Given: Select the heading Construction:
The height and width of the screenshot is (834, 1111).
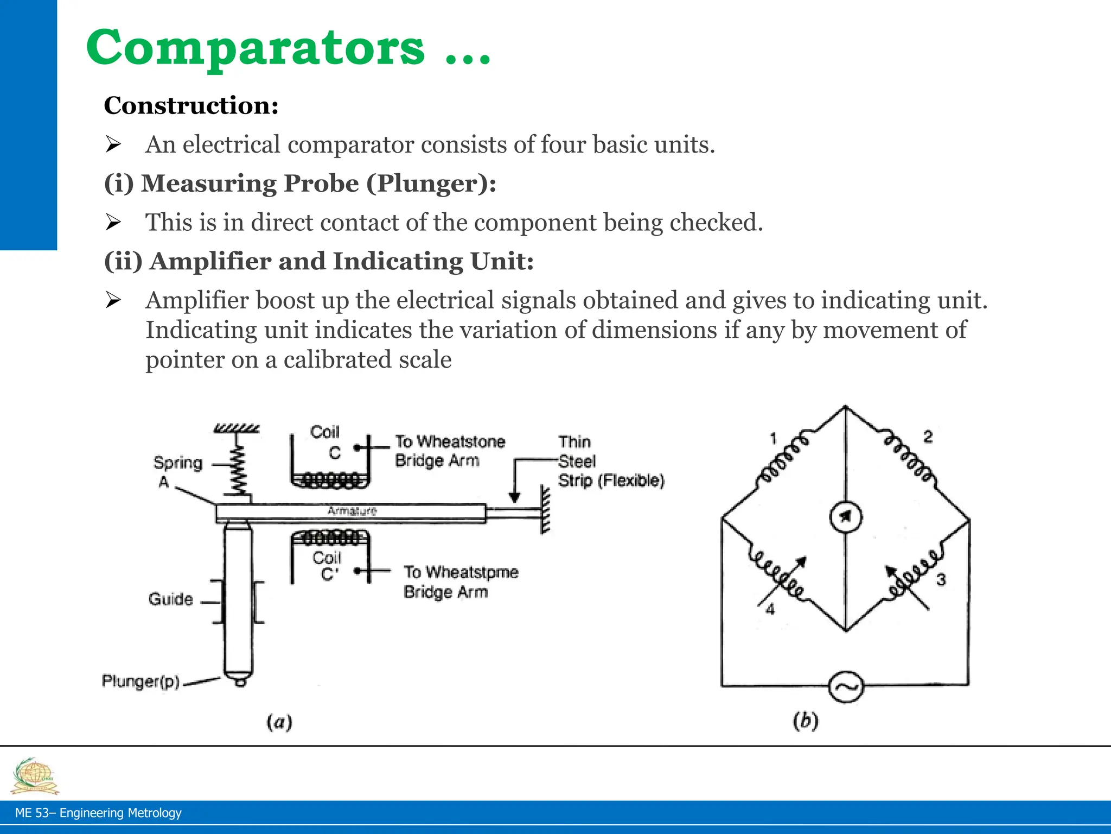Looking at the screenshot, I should (191, 105).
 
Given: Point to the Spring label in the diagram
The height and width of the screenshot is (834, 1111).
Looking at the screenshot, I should (177, 463).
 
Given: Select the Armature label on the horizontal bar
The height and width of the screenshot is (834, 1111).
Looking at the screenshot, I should (352, 511).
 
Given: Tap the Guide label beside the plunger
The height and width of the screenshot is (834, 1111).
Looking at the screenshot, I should (170, 599).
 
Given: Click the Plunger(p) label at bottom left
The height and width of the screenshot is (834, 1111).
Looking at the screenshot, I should (141, 681).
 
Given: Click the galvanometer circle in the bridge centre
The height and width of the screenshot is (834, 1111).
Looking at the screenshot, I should (846, 517).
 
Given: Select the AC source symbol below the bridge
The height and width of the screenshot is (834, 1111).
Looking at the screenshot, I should (846, 687).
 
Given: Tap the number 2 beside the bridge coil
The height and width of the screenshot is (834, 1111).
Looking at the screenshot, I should (928, 437).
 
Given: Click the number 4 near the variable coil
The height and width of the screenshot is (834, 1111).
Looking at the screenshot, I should (770, 610).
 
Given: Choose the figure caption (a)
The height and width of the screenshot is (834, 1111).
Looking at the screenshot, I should (279, 722).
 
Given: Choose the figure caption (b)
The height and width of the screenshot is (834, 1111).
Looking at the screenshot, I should (806, 721).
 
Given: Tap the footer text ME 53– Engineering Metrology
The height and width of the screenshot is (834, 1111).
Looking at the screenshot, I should (98, 813).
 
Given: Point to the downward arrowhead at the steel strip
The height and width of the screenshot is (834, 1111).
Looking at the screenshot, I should (515, 497).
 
